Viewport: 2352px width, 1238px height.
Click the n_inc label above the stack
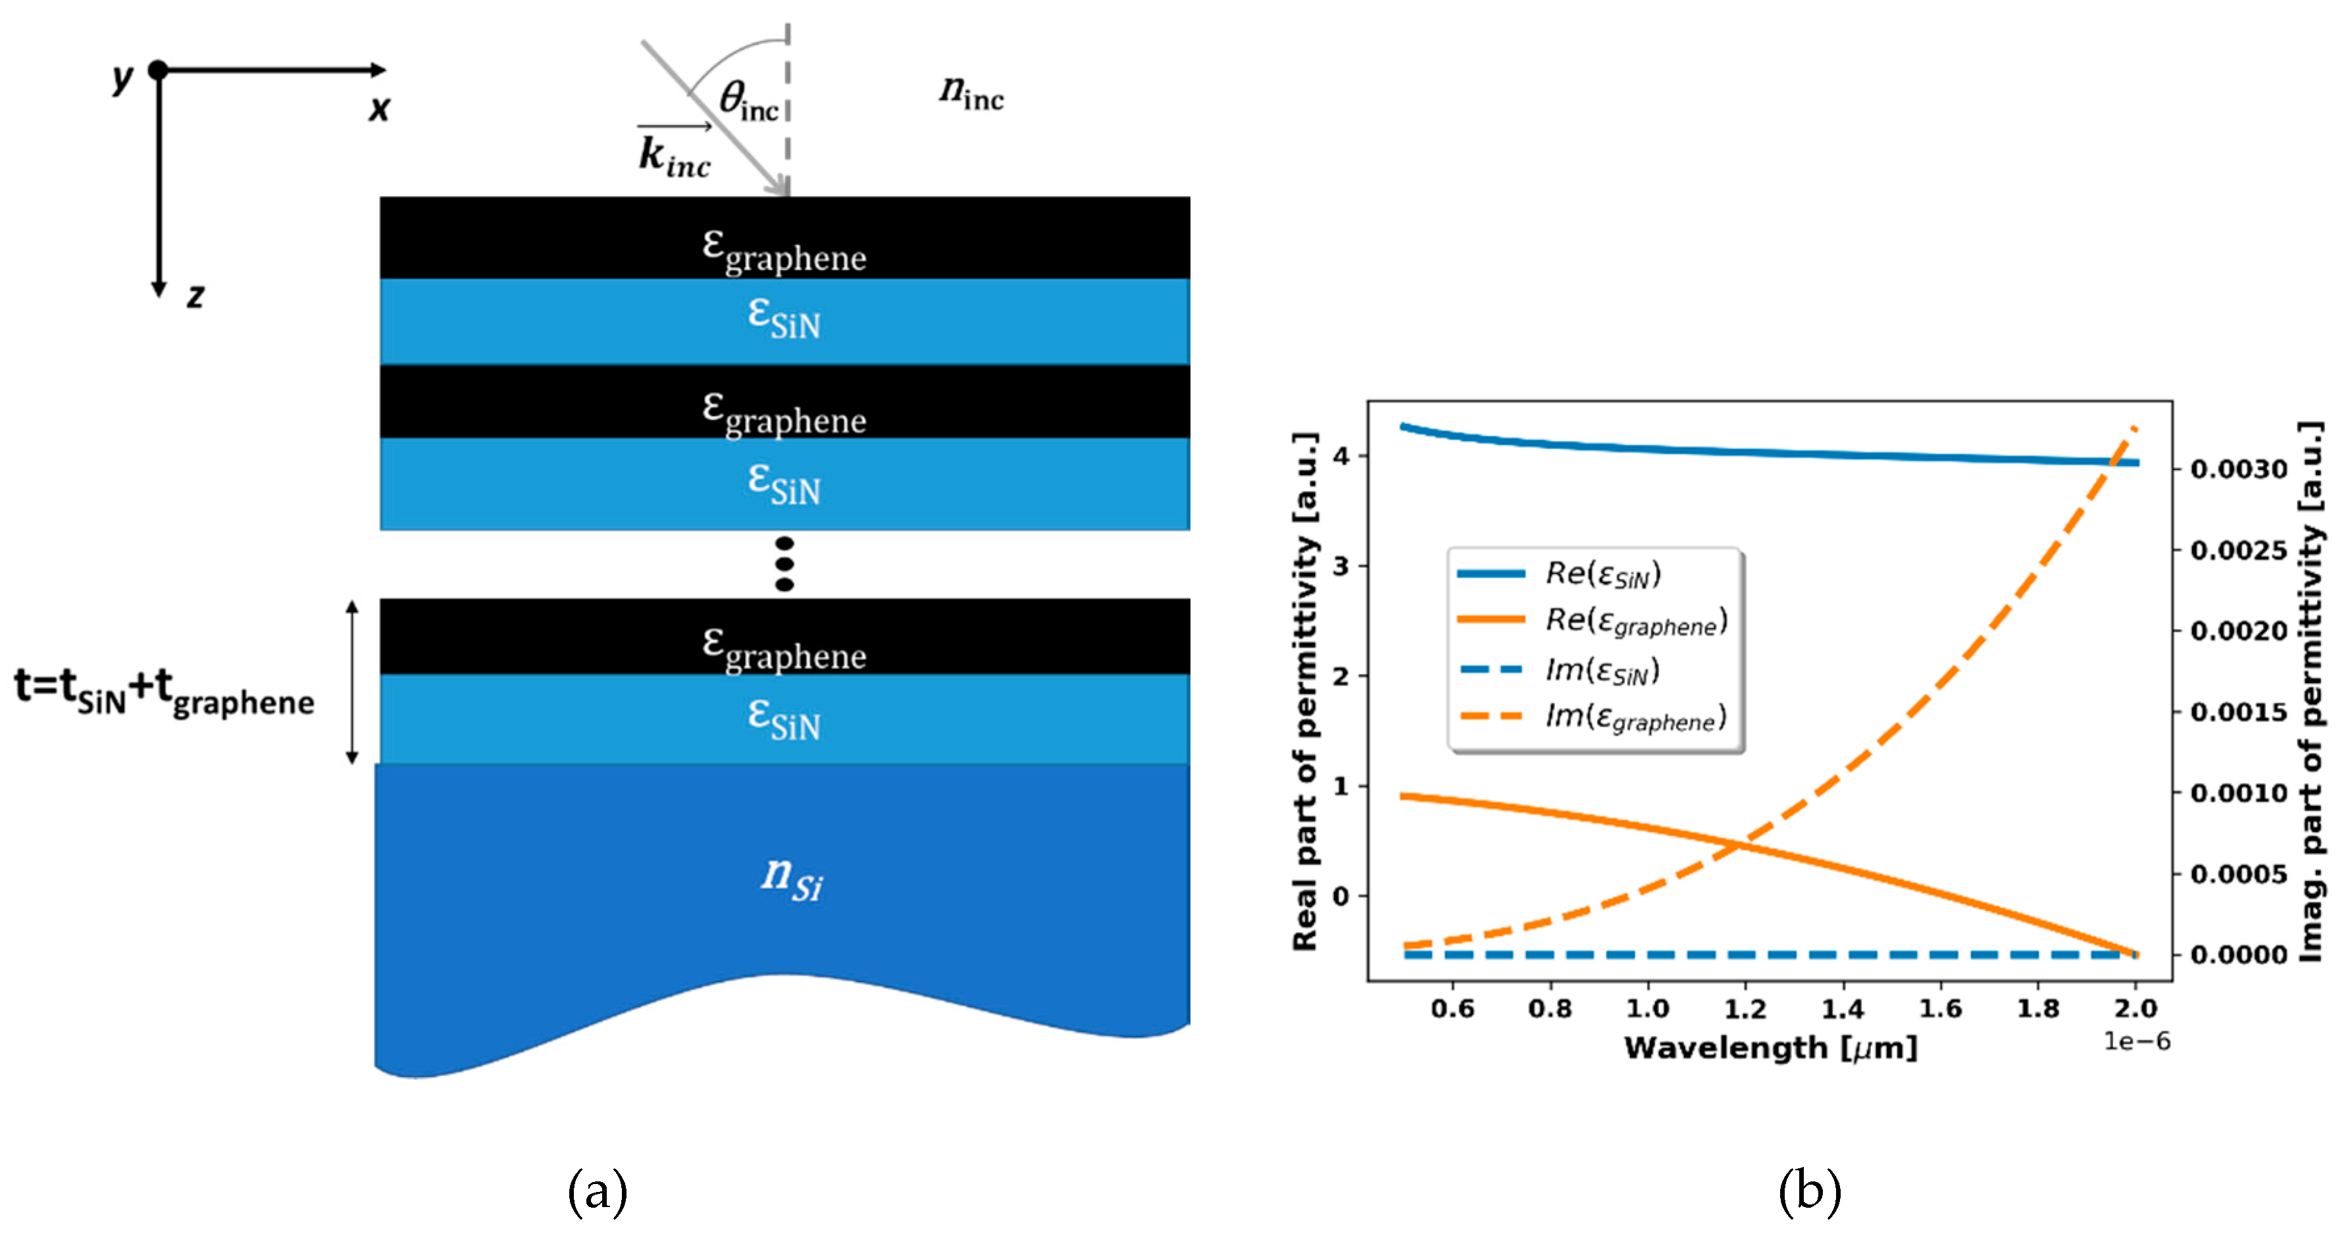(x=971, y=93)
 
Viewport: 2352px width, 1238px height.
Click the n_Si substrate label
(x=792, y=878)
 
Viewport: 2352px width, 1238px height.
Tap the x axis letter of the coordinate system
(x=379, y=109)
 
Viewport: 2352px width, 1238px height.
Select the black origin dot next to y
(x=158, y=69)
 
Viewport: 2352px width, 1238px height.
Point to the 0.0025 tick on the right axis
(x=2239, y=550)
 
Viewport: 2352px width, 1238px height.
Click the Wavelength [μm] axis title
(x=1770, y=1047)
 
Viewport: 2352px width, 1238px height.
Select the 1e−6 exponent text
(x=2137, y=1041)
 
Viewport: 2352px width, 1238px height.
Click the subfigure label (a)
(x=598, y=1191)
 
